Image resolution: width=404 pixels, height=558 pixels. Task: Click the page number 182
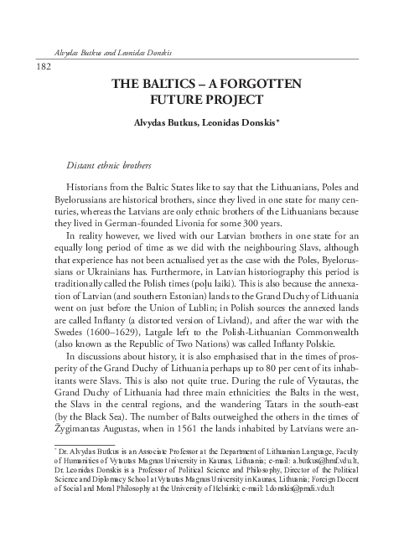coord(40,65)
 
